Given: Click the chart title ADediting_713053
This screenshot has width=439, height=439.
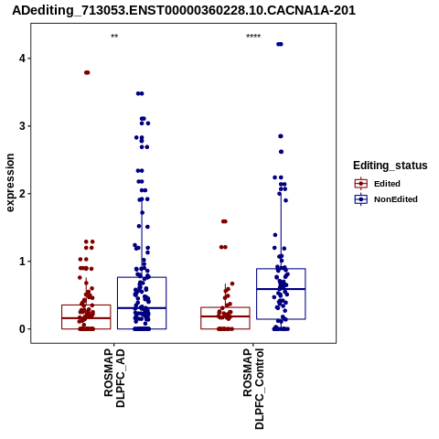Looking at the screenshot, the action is click(184, 10).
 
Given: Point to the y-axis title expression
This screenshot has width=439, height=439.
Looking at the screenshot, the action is click(10, 183).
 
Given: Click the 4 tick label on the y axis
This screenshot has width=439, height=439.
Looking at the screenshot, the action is click(22, 58).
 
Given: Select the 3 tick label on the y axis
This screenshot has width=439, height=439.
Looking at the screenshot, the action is click(22, 125).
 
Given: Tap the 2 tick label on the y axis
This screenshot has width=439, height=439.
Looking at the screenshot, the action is click(22, 193).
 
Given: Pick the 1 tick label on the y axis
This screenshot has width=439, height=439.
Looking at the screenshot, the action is click(22, 262).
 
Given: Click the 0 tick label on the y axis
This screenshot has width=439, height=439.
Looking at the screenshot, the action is click(22, 329).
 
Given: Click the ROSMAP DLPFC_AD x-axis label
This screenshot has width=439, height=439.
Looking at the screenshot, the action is click(114, 378).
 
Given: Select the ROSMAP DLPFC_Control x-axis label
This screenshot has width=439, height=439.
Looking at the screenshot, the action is click(253, 389).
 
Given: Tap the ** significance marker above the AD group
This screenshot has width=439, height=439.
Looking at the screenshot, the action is click(114, 37).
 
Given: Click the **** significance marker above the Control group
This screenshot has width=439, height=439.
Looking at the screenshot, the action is click(253, 37).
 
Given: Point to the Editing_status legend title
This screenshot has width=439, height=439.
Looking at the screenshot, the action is click(391, 166).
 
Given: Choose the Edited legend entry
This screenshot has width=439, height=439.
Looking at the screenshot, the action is click(387, 184).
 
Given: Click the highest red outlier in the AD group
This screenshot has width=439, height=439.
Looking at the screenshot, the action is click(87, 72).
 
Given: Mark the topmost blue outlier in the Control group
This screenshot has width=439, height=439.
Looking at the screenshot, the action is click(280, 44).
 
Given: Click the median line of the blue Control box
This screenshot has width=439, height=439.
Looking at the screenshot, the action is click(281, 289).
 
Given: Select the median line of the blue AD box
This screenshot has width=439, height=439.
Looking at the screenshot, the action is click(142, 308).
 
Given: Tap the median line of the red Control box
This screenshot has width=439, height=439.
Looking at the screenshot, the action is click(225, 316).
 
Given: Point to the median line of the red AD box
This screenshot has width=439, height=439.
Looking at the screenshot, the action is click(86, 318).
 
